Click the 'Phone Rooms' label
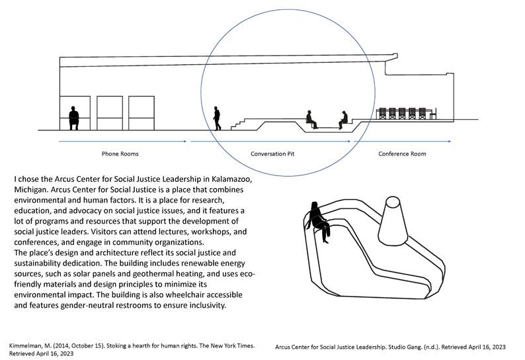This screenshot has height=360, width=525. (120, 154)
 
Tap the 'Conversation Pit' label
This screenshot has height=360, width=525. (272, 154)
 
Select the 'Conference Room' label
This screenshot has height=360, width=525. (402, 154)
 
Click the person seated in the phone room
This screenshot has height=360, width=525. (74, 118)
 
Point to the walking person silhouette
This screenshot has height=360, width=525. (217, 118)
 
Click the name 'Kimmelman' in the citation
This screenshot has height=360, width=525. (26, 346)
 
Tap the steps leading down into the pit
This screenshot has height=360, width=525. (242, 122)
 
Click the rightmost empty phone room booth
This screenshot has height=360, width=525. (141, 113)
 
